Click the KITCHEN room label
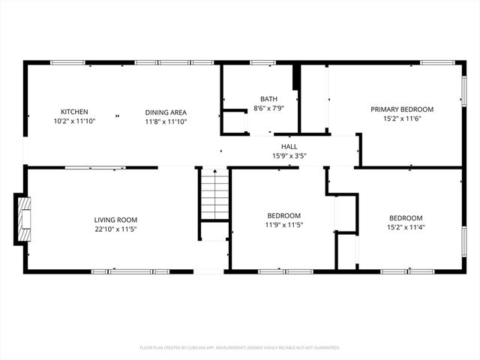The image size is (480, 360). click(74, 112)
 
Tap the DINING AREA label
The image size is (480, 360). click(166, 112)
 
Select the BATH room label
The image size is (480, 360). click(268, 99)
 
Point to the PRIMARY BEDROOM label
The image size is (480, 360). click(402, 109)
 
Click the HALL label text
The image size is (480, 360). click(289, 147)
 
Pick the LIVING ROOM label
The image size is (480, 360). click(115, 220)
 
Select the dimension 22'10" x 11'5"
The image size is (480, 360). click(115, 229)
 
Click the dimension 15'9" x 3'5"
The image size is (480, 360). click(289, 156)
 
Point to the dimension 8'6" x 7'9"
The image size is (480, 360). click(268, 109)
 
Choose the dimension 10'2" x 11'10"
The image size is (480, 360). click(74, 121)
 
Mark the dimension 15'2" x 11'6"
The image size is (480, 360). click(402, 118)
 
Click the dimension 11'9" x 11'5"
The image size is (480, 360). click(283, 224)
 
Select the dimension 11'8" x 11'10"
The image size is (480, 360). click(166, 121)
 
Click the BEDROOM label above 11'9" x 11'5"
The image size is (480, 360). click(283, 215)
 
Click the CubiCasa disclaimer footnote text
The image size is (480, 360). click(240, 347)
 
